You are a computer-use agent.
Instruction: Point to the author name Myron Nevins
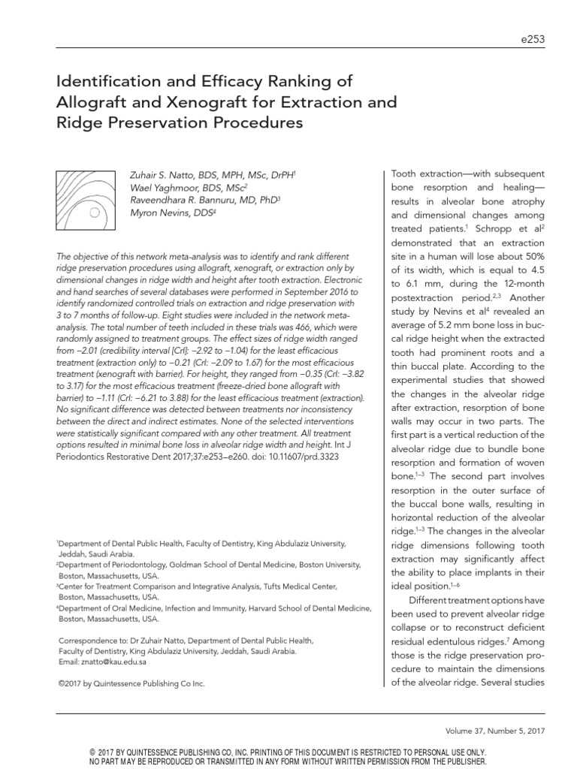(x=159, y=213)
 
